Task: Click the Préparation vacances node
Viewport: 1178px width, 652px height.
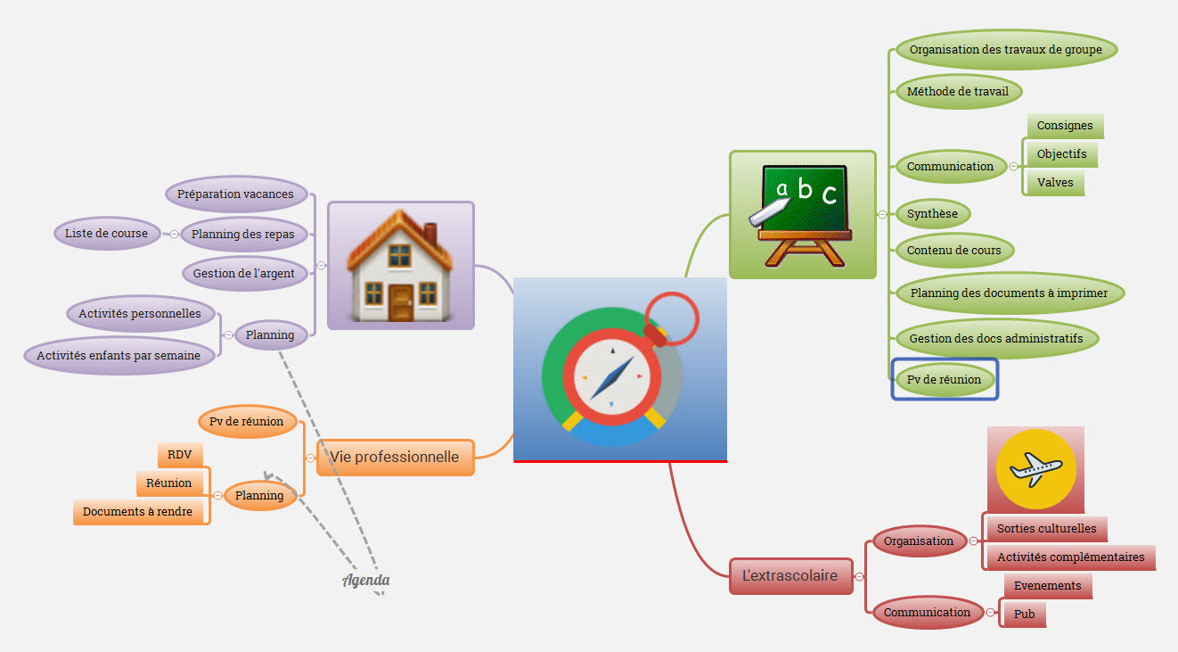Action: tap(236, 194)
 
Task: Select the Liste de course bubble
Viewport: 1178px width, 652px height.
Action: tap(107, 233)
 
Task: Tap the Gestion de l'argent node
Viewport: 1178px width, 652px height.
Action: tap(244, 274)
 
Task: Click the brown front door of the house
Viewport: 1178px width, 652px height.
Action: tap(401, 302)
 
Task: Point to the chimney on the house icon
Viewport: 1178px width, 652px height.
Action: tap(430, 234)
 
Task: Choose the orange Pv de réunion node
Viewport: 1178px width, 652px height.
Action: tap(247, 422)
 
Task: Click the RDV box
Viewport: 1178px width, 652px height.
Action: tap(180, 455)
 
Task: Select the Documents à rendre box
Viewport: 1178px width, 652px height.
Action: tap(138, 511)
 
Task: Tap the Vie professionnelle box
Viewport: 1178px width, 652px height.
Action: tap(396, 458)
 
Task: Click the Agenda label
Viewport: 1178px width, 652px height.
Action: tap(366, 580)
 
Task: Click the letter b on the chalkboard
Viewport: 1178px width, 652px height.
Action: tap(805, 188)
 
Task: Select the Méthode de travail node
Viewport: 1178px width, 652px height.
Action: tap(958, 92)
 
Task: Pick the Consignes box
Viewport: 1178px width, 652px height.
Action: tap(1065, 126)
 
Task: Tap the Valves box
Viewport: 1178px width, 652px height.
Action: tap(1055, 183)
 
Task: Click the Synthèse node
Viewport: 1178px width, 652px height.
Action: tap(932, 214)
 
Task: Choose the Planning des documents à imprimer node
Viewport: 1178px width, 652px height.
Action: tap(1010, 293)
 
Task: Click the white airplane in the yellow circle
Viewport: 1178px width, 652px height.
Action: tap(1035, 468)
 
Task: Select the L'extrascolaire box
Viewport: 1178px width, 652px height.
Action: tap(790, 575)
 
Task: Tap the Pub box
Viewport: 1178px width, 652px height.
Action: tap(1025, 615)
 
